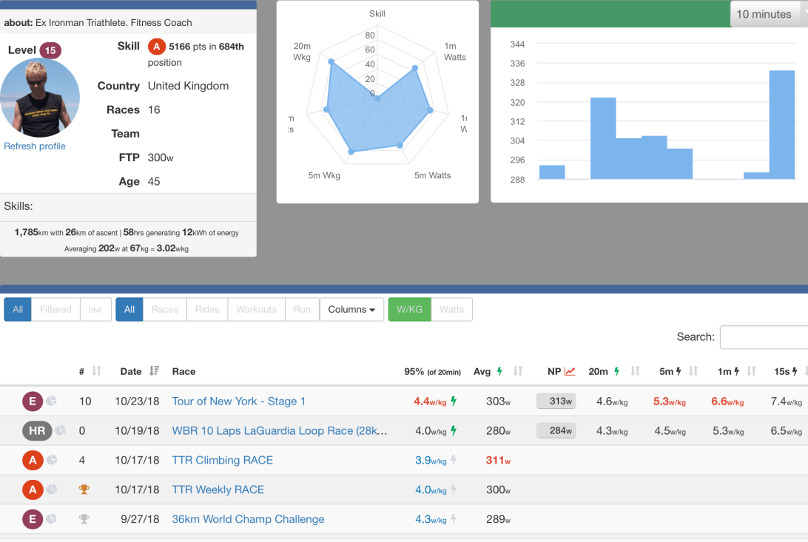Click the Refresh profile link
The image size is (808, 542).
(35, 146)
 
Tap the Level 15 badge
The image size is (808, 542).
(50, 50)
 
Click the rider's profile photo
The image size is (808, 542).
(40, 98)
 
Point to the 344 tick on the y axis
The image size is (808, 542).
(518, 44)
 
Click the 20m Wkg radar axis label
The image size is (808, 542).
(302, 51)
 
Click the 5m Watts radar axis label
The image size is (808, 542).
(432, 175)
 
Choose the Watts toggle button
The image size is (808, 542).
(451, 309)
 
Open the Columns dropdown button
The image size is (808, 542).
(351, 309)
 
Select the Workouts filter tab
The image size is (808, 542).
(256, 309)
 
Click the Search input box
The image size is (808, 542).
(764, 336)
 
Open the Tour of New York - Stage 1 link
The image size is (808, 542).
(239, 402)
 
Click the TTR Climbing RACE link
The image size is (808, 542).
(222, 460)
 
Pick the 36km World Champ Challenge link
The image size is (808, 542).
(248, 519)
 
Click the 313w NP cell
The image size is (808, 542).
(556, 402)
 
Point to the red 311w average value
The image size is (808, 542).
(498, 460)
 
